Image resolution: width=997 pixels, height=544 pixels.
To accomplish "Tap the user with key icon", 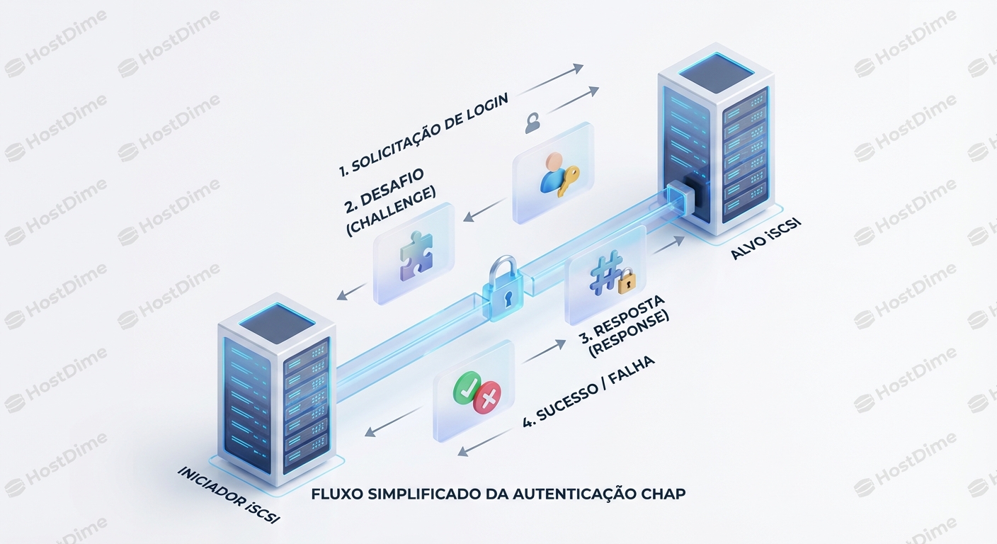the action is [558, 174].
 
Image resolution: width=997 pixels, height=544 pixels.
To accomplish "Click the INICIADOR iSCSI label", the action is [229, 495].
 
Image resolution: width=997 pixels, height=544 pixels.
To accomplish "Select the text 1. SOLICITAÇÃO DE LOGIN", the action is [423, 135].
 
